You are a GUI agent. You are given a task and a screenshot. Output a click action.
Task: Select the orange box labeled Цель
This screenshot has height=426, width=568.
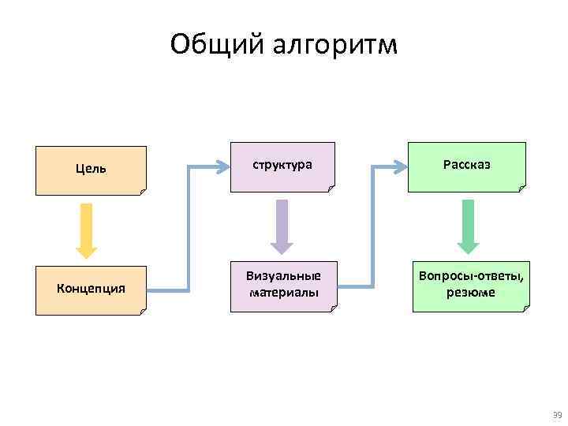pyautogui.click(x=92, y=170)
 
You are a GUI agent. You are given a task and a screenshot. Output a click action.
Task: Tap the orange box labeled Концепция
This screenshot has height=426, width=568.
pyautogui.click(x=92, y=290)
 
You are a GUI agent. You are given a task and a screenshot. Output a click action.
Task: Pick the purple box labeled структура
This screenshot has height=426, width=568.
pyautogui.click(x=282, y=166)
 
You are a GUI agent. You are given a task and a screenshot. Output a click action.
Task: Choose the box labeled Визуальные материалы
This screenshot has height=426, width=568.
pyautogui.click(x=283, y=286)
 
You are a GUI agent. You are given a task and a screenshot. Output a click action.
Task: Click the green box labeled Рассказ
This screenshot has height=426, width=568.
pyautogui.click(x=466, y=166)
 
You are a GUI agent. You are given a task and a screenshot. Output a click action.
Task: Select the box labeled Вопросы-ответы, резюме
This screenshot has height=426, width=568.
pyautogui.click(x=470, y=286)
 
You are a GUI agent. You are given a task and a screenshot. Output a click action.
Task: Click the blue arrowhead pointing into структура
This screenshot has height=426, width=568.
pyautogui.click(x=221, y=167)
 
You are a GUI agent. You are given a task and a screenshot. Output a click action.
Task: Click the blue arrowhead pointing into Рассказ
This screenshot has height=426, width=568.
pyautogui.click(x=399, y=167)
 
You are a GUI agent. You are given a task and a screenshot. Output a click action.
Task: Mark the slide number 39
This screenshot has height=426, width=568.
pyautogui.click(x=556, y=414)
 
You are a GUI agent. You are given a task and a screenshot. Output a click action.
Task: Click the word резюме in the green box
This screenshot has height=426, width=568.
pyautogui.click(x=470, y=293)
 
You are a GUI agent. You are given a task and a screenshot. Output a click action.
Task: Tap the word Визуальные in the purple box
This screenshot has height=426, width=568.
pyautogui.click(x=283, y=278)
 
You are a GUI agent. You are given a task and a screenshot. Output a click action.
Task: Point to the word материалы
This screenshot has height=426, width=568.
pyautogui.click(x=283, y=293)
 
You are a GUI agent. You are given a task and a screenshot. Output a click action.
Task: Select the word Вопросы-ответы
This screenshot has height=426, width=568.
pyautogui.click(x=470, y=278)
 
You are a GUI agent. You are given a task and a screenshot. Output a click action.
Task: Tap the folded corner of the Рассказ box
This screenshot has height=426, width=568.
pyautogui.click(x=521, y=187)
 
